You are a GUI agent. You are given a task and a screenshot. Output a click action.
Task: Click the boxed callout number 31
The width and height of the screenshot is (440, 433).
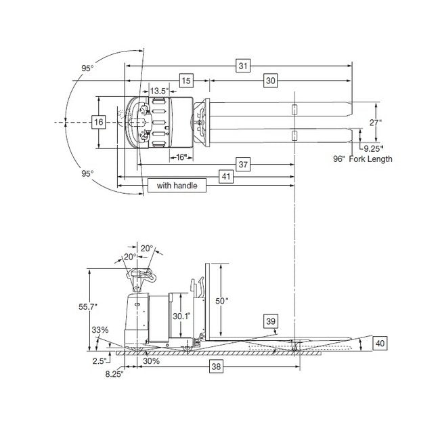click(x=243, y=66)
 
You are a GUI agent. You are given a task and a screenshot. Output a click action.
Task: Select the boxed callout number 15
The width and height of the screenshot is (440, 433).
click(x=186, y=81)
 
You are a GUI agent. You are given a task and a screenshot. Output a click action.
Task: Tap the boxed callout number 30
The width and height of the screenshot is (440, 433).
click(x=270, y=81)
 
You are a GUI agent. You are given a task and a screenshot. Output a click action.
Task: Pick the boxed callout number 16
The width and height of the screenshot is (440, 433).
click(x=99, y=122)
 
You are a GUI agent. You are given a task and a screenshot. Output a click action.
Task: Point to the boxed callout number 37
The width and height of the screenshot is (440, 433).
click(x=243, y=164)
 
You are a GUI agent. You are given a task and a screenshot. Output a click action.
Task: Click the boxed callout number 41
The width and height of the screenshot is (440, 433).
click(x=226, y=176)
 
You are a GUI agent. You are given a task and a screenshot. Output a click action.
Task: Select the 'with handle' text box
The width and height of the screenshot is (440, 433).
click(x=177, y=186)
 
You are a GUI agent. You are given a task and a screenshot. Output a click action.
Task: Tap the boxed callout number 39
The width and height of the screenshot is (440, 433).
click(x=271, y=321)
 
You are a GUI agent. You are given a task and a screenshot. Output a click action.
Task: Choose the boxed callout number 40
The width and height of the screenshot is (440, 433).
click(x=380, y=344)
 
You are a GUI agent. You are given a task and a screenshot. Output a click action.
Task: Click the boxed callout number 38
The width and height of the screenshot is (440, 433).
click(x=216, y=367)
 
